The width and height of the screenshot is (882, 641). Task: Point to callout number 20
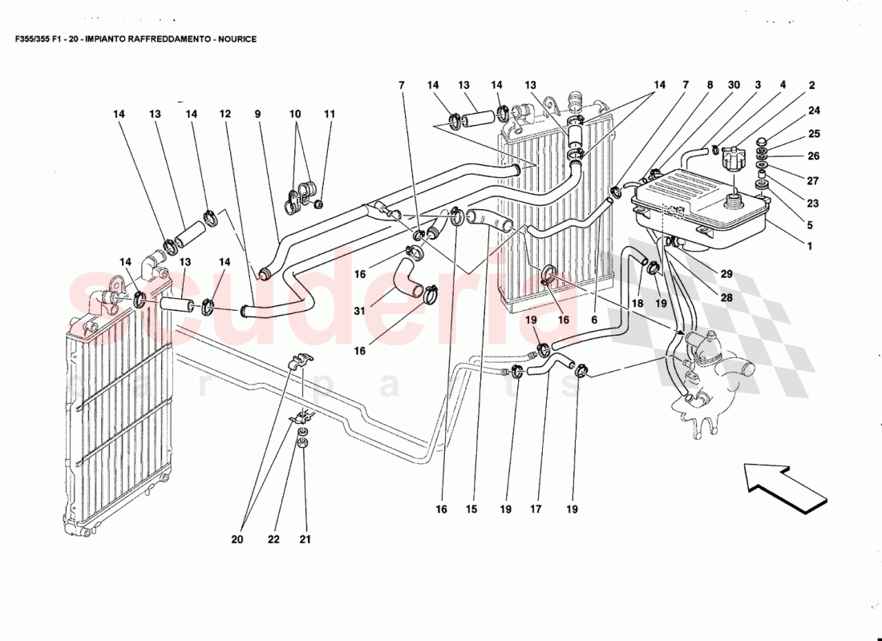[237, 539]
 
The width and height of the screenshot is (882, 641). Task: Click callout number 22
[274, 539]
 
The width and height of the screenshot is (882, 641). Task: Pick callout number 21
[305, 539]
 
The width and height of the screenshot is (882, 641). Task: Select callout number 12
[227, 115]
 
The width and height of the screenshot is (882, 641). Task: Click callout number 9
[258, 115]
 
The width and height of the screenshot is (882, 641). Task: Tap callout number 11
[329, 115]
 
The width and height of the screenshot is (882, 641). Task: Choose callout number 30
[734, 85]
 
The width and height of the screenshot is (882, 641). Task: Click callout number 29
[726, 274]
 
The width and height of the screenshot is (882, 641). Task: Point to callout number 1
[810, 247]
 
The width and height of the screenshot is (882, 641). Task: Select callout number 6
[593, 319]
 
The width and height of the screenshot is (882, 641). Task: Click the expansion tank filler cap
[731, 158]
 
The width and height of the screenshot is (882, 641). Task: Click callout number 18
[638, 304]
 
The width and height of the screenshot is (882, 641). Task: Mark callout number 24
[814, 111]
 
